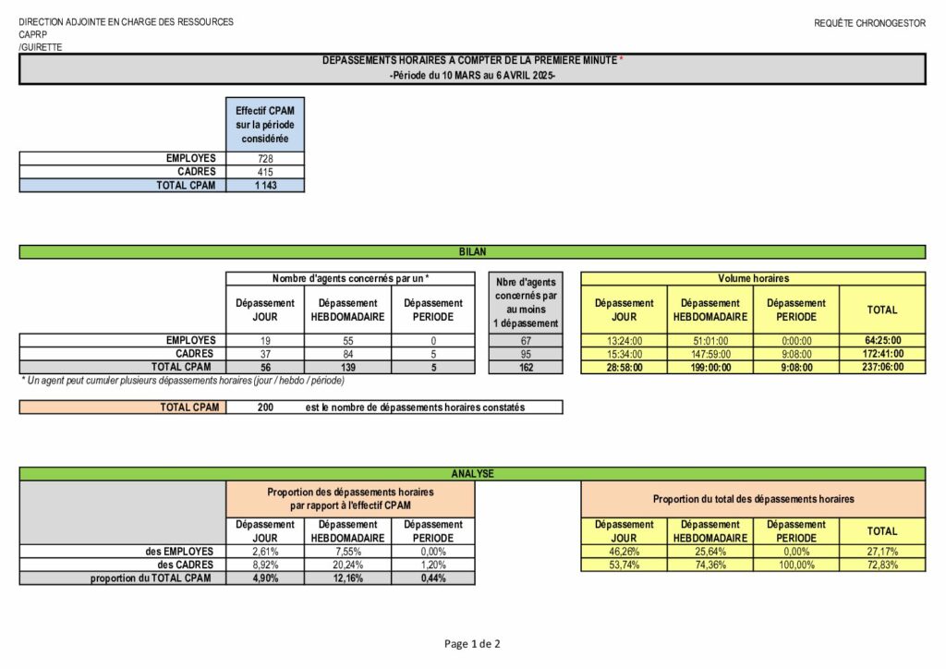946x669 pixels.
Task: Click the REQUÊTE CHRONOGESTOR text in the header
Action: click(x=869, y=23)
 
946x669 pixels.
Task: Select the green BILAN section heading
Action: click(x=472, y=251)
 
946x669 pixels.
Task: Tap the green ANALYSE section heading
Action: click(x=472, y=473)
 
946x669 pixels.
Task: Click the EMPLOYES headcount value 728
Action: click(x=265, y=159)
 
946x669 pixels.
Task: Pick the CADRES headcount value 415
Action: click(x=265, y=172)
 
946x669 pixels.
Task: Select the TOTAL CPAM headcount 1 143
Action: click(x=265, y=185)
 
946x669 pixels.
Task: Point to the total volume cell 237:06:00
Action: click(x=881, y=367)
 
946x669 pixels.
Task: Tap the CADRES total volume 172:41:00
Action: click(x=881, y=354)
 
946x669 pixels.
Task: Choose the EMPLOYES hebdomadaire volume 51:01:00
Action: click(x=710, y=341)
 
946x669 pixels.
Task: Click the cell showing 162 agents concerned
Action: click(x=525, y=367)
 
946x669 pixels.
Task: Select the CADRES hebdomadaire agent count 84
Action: click(x=347, y=354)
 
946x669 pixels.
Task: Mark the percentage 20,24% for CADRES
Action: click(x=347, y=565)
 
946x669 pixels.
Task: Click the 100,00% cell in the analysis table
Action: click(x=796, y=565)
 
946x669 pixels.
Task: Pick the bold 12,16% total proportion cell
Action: click(x=347, y=578)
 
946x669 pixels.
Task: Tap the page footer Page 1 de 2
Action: click(x=472, y=644)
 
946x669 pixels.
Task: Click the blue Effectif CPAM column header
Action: click(x=265, y=124)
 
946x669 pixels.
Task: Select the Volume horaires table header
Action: click(x=753, y=278)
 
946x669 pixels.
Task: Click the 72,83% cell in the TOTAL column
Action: click(x=881, y=565)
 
